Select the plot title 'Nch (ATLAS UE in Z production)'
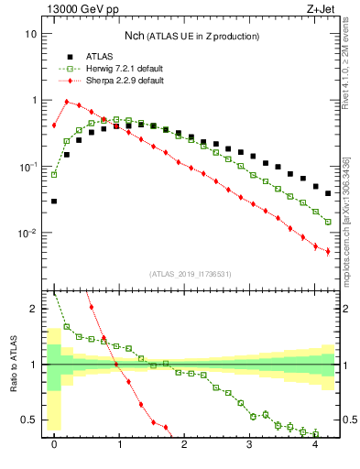[192, 36]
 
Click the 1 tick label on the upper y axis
[34, 100]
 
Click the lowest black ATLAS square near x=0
[54, 201]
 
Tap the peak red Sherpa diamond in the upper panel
[67, 102]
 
